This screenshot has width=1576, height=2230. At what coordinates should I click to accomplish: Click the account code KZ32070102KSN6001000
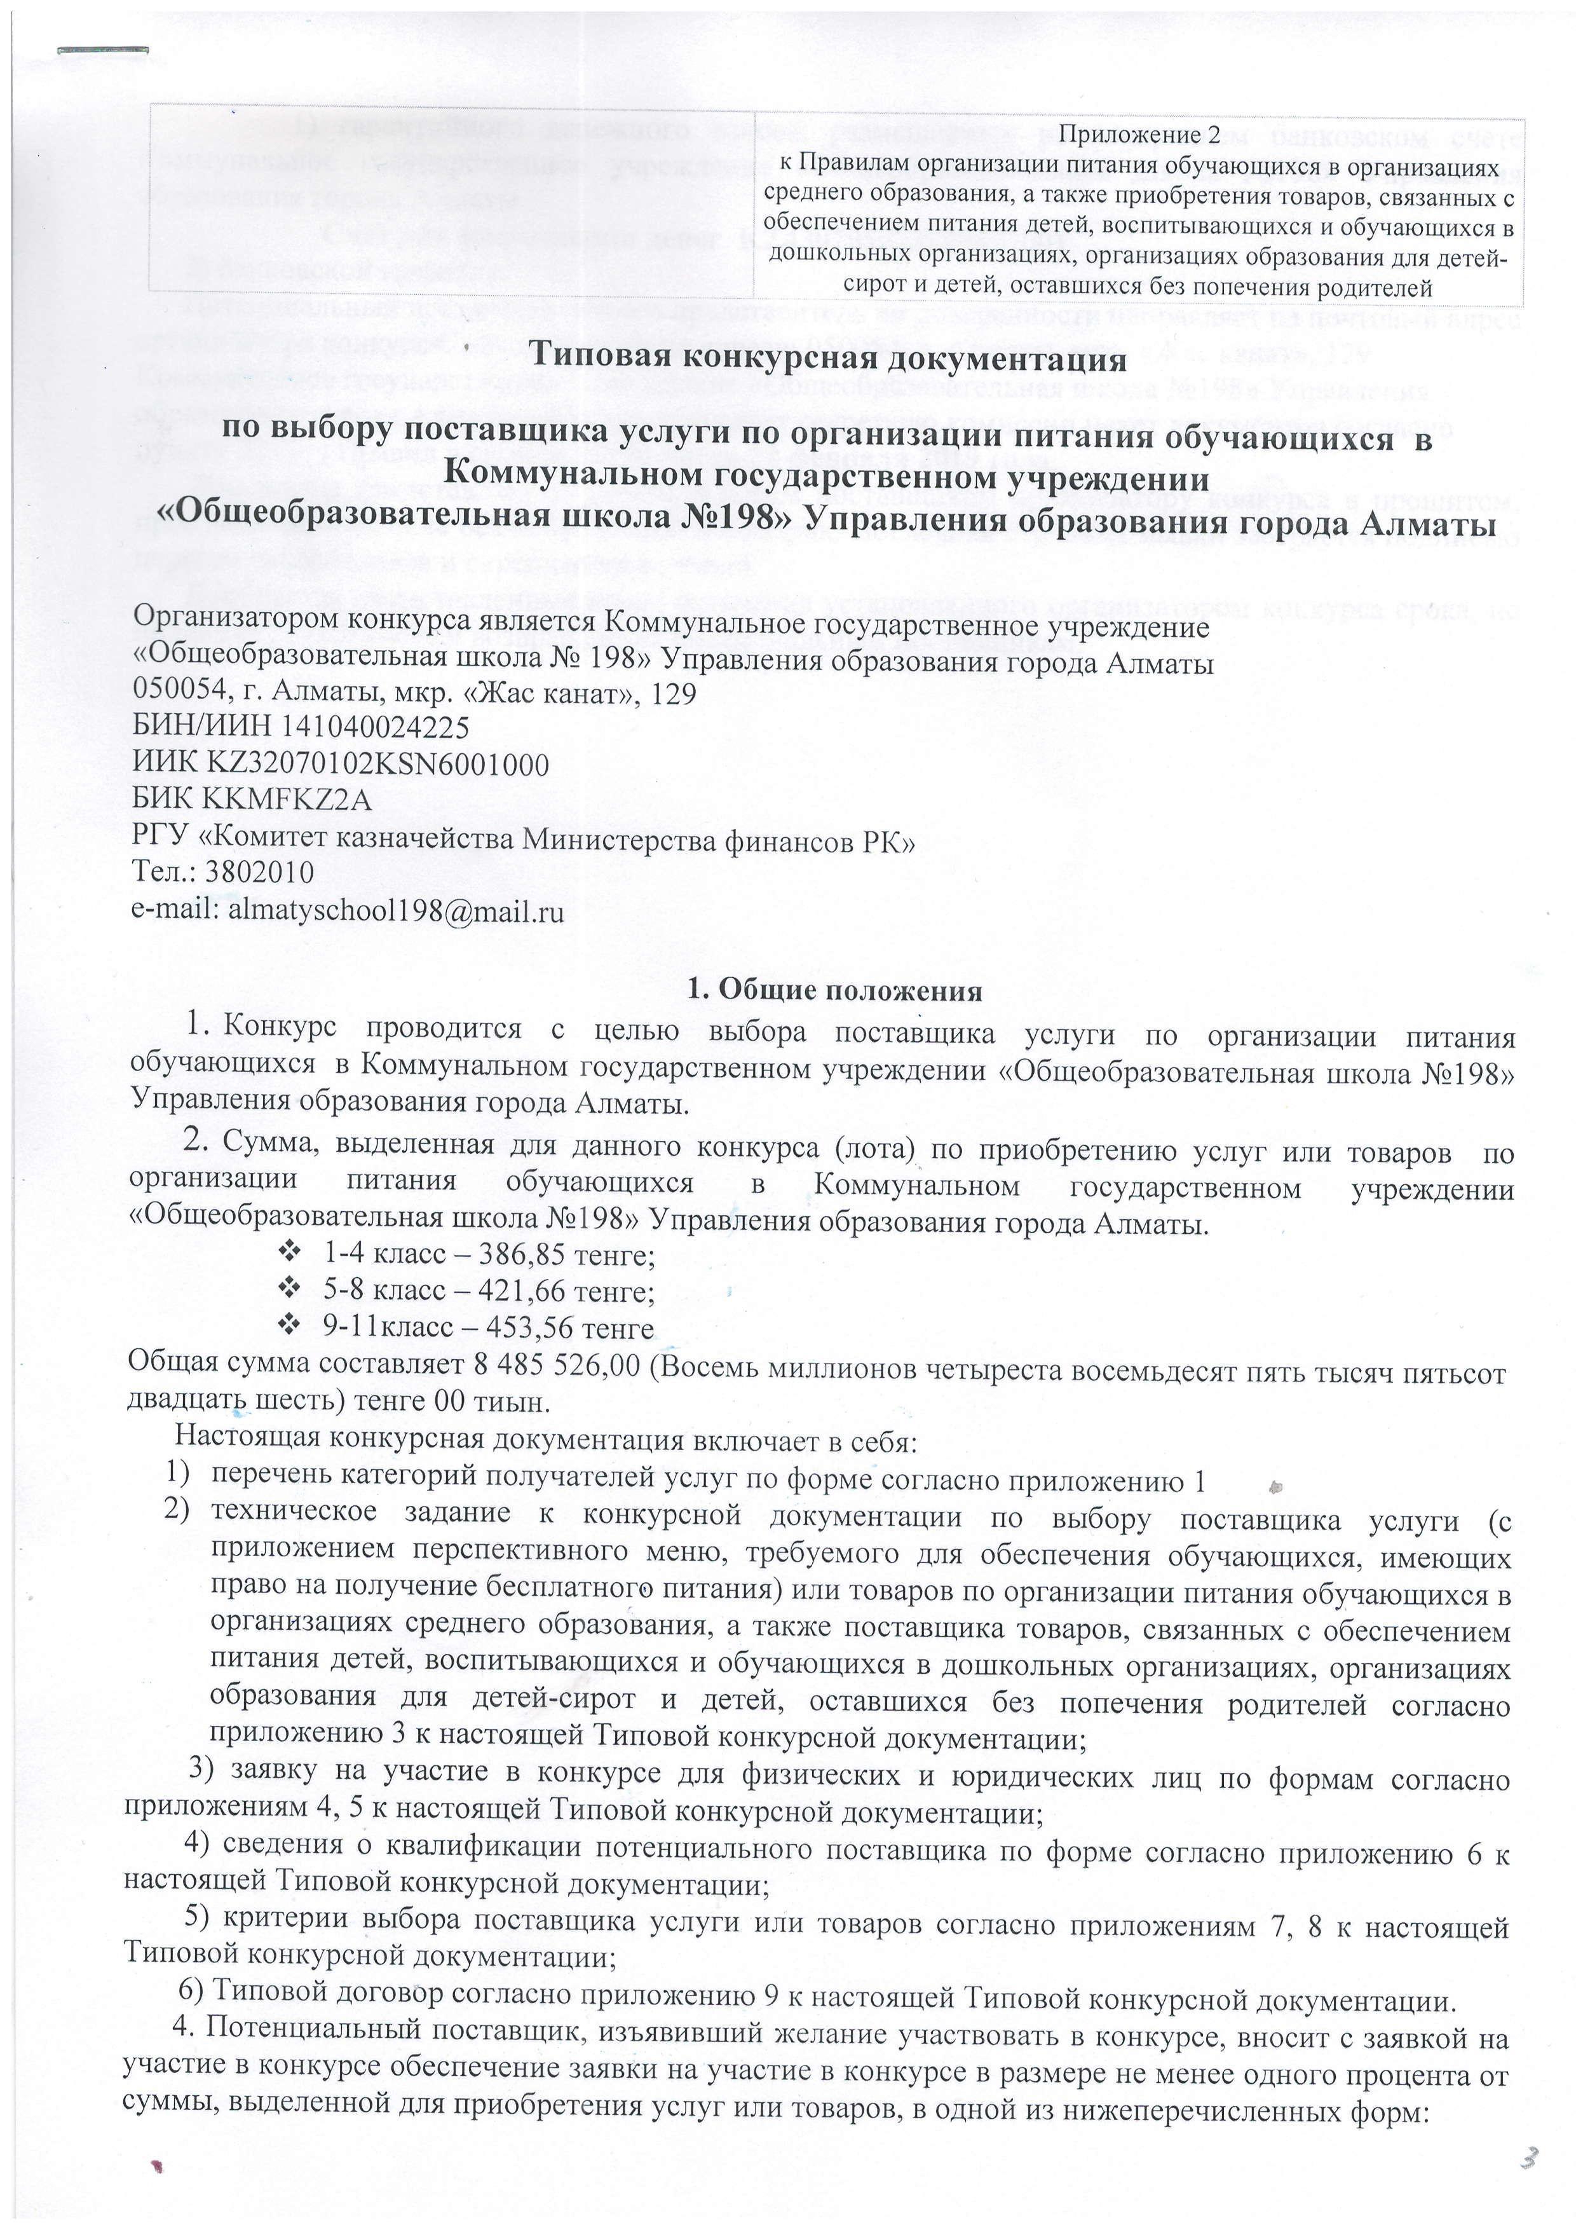377,764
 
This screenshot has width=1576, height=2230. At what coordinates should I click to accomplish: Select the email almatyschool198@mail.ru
395,911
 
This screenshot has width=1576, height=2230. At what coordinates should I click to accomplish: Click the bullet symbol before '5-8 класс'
287,1290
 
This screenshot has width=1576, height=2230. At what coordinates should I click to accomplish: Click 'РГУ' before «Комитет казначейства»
160,837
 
